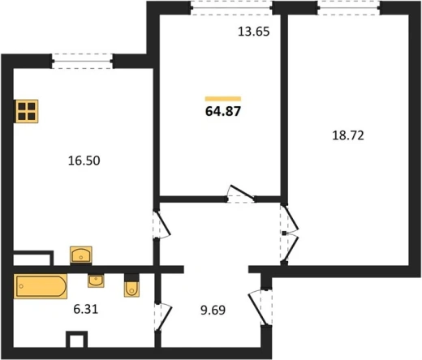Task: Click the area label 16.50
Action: (x=84, y=161)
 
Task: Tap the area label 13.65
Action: (x=254, y=32)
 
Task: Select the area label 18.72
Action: (x=348, y=135)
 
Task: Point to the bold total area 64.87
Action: (x=223, y=111)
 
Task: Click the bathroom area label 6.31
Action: (x=86, y=309)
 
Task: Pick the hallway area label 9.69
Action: (x=213, y=310)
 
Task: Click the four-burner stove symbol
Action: (x=27, y=111)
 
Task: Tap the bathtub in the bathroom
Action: (x=41, y=286)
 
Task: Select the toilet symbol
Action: (x=131, y=285)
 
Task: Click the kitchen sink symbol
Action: (x=81, y=255)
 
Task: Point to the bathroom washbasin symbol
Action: (x=96, y=281)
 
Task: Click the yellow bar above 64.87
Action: (x=223, y=99)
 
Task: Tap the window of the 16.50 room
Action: (x=82, y=61)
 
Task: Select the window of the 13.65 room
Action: (x=231, y=7)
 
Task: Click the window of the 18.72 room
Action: (x=349, y=7)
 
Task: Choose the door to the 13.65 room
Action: (x=240, y=195)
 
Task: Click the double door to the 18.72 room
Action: (x=289, y=234)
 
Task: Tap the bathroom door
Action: (x=163, y=316)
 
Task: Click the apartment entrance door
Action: (x=260, y=306)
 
